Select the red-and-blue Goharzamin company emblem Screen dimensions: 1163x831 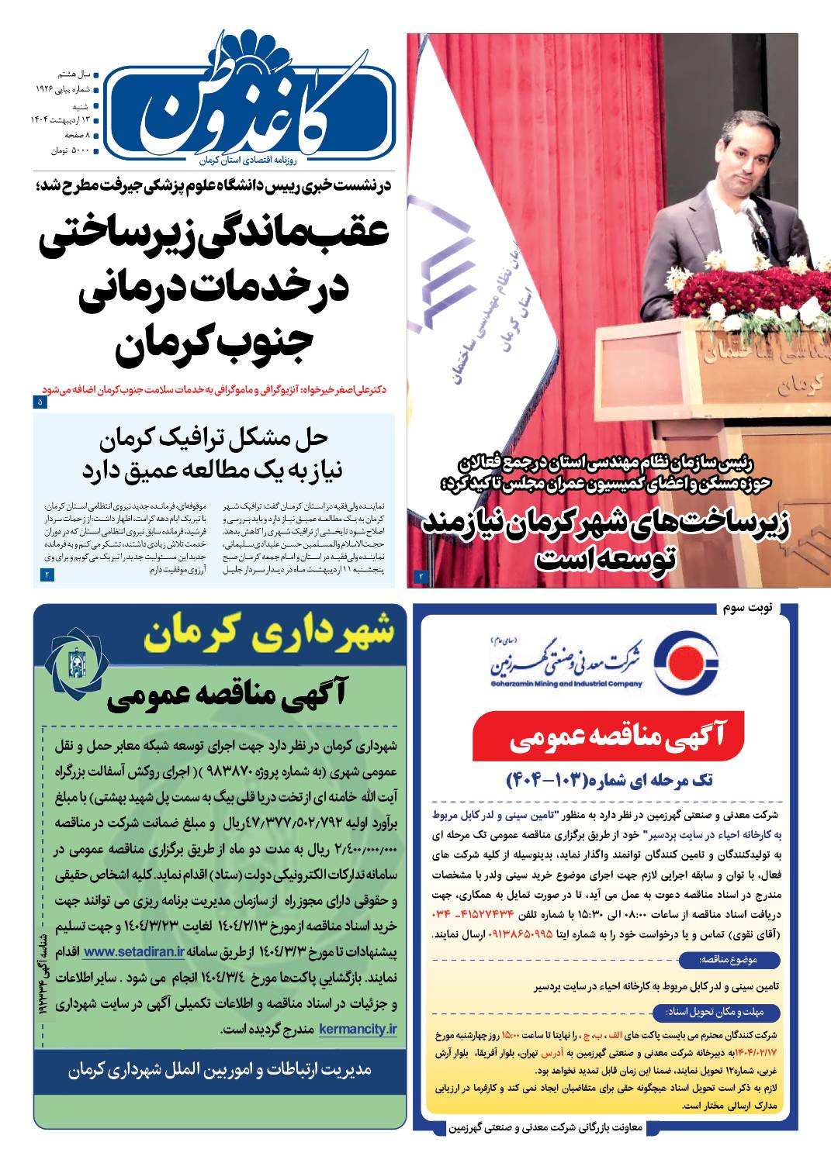(x=684, y=666)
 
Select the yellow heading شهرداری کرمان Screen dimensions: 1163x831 (x=268, y=635)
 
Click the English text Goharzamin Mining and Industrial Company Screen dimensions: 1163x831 (x=566, y=684)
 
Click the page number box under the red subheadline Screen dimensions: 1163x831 (x=40, y=402)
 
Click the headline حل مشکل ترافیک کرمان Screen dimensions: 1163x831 (x=215, y=440)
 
